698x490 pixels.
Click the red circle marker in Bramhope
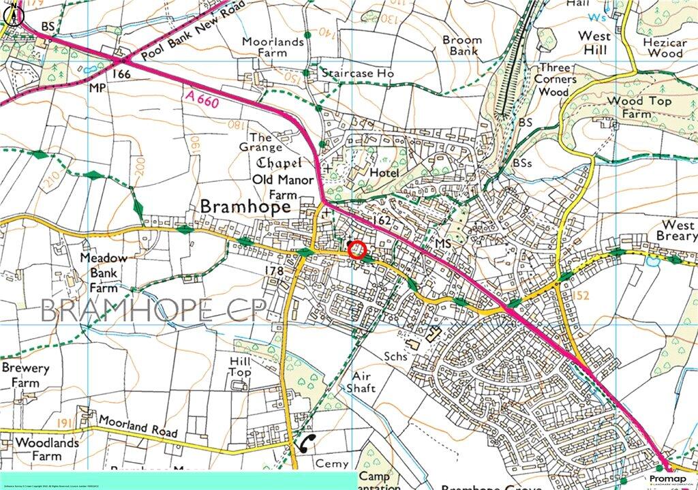pos(358,250)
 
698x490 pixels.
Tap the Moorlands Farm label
pos(273,48)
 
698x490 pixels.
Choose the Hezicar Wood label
pos(664,47)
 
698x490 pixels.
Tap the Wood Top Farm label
pos(638,108)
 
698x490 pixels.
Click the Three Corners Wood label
pos(556,79)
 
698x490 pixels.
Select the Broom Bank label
pos(461,46)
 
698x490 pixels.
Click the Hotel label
pos(384,174)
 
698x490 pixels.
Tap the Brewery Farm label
pos(25,376)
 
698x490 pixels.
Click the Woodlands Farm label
pos(39,448)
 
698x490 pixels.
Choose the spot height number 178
pos(273,271)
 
